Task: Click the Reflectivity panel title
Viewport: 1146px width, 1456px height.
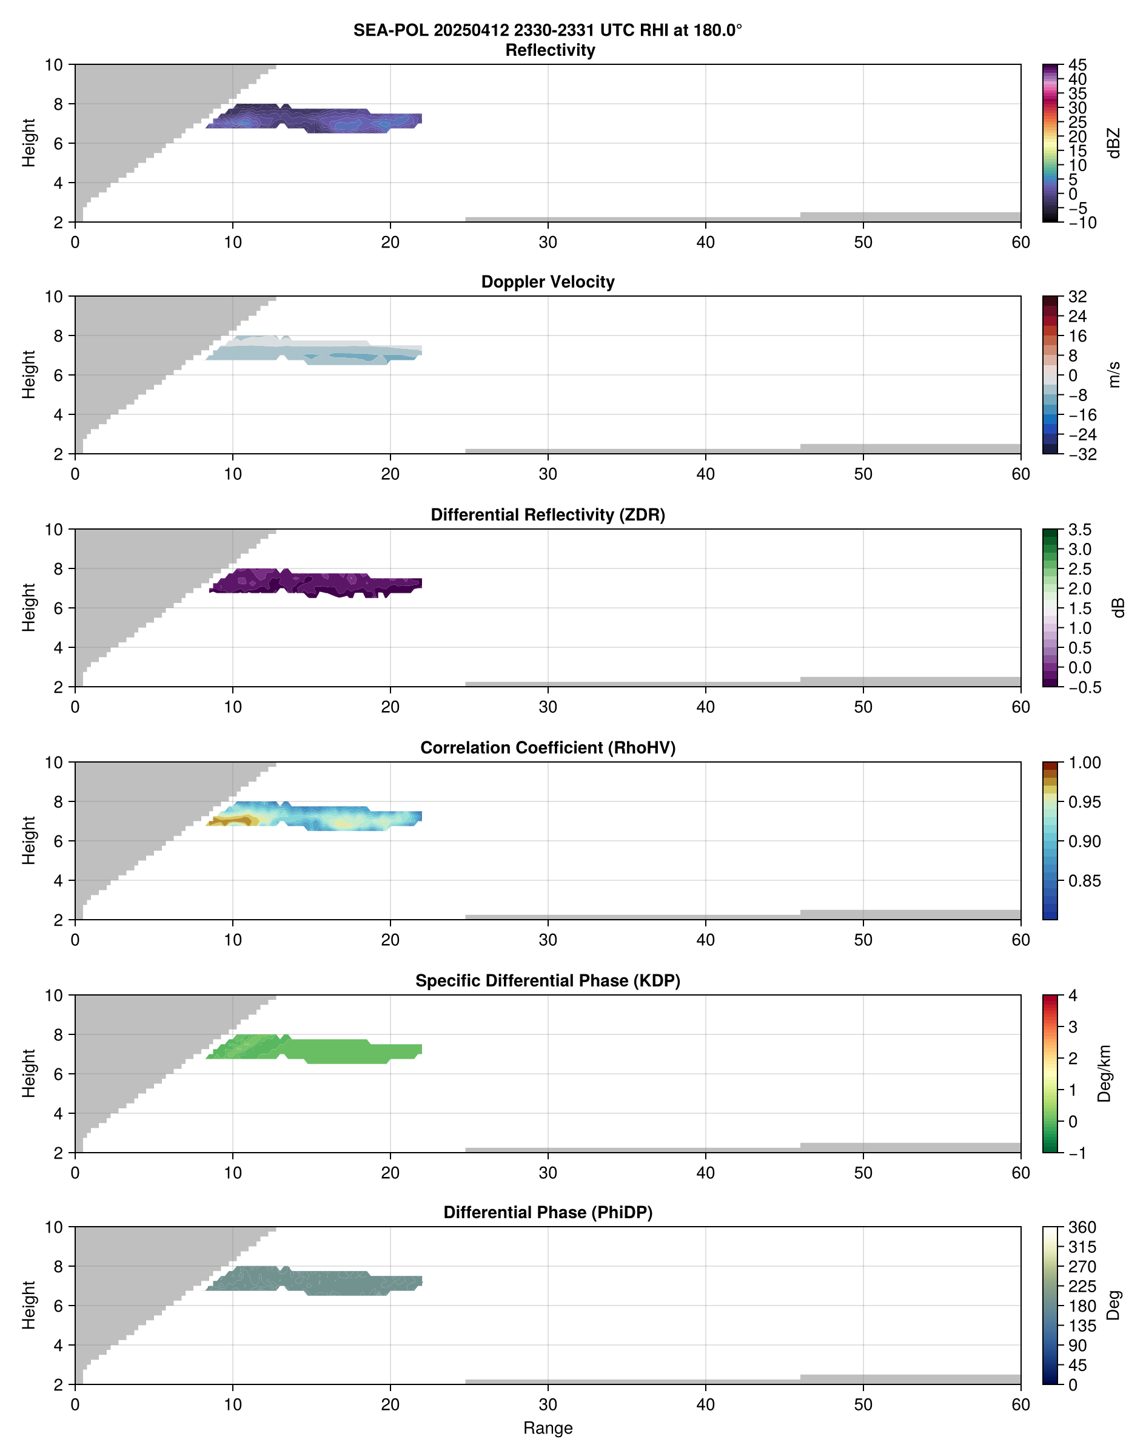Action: pyautogui.click(x=550, y=50)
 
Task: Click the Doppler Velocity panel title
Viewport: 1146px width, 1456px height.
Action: pyautogui.click(x=548, y=282)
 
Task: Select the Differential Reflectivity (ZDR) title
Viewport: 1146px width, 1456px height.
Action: pyautogui.click(x=548, y=515)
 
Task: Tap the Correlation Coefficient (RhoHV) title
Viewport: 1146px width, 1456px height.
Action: pyautogui.click(x=548, y=748)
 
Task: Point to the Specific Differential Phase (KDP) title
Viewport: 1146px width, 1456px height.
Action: pyautogui.click(x=548, y=981)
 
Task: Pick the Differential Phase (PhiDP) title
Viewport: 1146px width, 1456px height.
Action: pyautogui.click(x=548, y=1212)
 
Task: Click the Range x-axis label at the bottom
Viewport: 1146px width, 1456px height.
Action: pyautogui.click(x=548, y=1428)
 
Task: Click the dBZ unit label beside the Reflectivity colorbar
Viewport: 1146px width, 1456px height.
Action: pyautogui.click(x=1114, y=143)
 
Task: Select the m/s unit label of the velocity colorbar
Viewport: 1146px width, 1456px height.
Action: pyautogui.click(x=1114, y=374)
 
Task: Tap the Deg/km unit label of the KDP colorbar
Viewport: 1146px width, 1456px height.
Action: pyautogui.click(x=1104, y=1073)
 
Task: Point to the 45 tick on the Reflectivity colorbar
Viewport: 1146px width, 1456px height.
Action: pyautogui.click(x=1077, y=65)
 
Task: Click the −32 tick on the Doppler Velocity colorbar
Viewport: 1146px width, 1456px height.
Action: pyautogui.click(x=1082, y=454)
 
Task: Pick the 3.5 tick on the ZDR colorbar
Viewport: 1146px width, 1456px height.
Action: pyautogui.click(x=1079, y=530)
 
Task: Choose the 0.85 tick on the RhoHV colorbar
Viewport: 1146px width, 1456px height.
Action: pyautogui.click(x=1084, y=881)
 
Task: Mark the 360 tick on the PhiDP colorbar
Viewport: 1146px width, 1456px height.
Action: pyautogui.click(x=1082, y=1228)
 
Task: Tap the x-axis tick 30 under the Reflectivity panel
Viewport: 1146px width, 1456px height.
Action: pyautogui.click(x=548, y=242)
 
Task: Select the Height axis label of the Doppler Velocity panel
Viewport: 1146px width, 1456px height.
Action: pyautogui.click(x=28, y=374)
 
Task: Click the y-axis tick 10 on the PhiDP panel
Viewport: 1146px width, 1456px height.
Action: pyautogui.click(x=54, y=1228)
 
